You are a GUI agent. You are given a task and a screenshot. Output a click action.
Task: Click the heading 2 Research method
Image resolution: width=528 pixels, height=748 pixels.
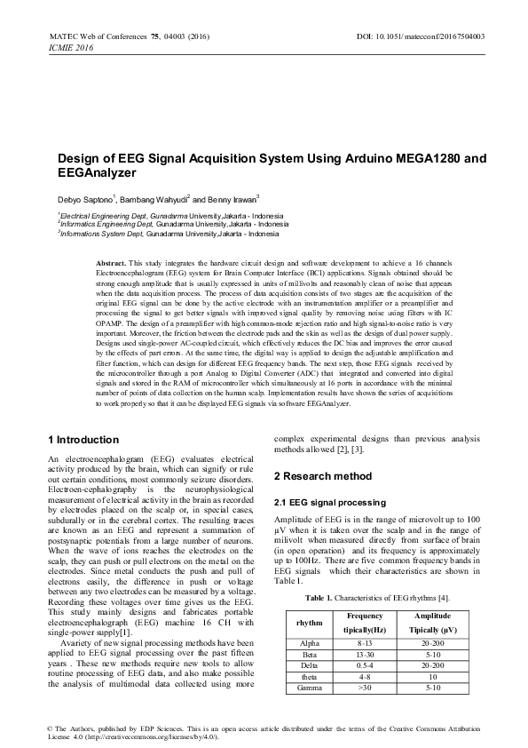pos(322,477)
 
